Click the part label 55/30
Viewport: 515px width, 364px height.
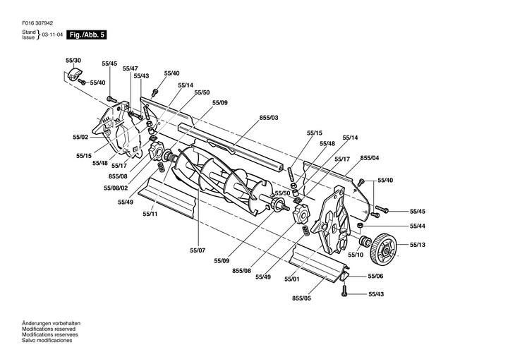click(73, 61)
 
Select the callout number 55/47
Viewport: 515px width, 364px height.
click(130, 68)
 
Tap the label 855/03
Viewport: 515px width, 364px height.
click(269, 117)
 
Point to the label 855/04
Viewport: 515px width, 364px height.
click(369, 157)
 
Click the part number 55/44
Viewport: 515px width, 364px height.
click(418, 226)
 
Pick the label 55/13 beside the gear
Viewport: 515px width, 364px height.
click(418, 245)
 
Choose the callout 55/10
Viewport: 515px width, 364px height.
click(356, 255)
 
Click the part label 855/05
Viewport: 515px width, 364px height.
click(302, 298)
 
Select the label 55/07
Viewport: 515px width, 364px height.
click(197, 250)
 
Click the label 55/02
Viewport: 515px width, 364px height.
click(80, 136)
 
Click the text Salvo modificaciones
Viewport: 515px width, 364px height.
click(47, 340)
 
